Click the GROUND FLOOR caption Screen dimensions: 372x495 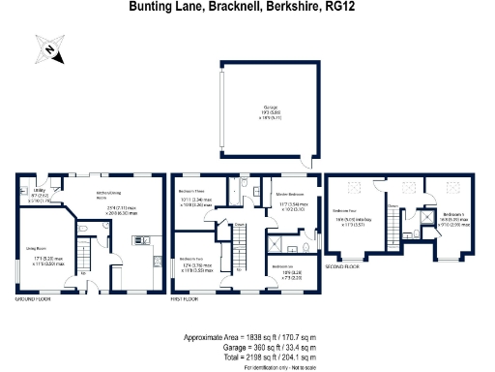pyautogui.click(x=32, y=299)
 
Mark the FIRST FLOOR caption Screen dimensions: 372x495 pyautogui.click(x=186, y=299)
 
